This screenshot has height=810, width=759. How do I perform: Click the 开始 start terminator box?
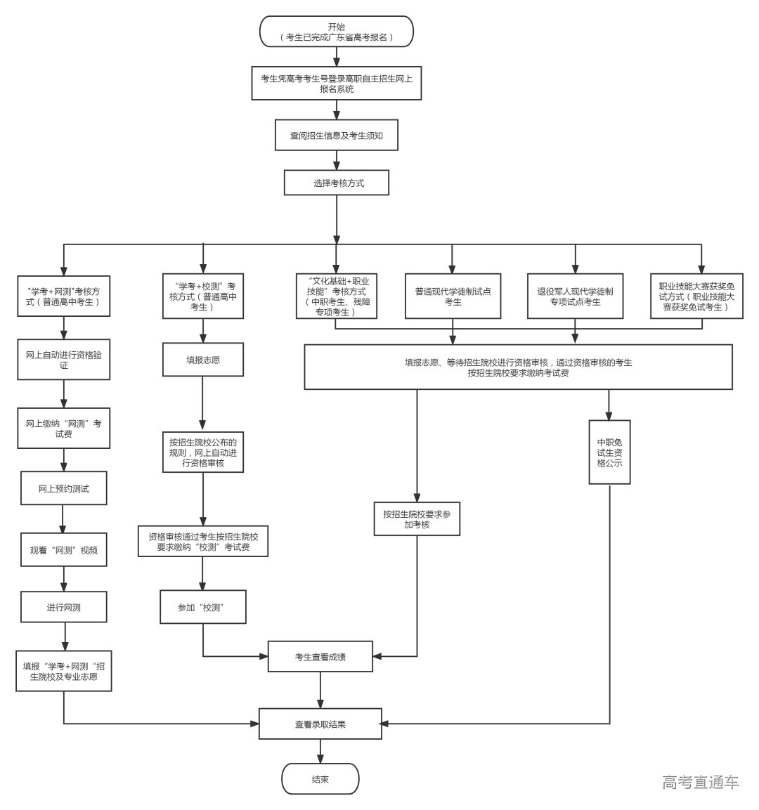tap(337, 32)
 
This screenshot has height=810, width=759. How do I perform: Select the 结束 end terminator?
tap(320, 779)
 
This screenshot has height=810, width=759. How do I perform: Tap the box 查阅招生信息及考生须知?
tap(337, 135)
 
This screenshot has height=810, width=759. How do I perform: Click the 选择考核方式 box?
tap(336, 183)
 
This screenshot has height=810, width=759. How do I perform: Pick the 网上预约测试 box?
tap(63, 488)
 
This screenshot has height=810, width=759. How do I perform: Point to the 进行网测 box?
tap(63, 606)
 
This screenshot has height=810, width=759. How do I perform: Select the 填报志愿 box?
tap(203, 360)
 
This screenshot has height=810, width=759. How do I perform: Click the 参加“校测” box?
tap(203, 607)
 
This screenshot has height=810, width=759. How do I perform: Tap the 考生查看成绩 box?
tap(320, 658)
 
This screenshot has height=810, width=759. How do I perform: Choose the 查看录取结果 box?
tap(320, 724)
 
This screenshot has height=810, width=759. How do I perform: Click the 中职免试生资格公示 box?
tap(609, 452)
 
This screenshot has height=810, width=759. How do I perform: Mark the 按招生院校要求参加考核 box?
tap(417, 519)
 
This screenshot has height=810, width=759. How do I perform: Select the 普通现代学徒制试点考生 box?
tap(453, 296)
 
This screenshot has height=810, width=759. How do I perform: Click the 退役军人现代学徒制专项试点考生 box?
tap(575, 296)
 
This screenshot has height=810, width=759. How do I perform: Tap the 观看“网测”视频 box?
tap(63, 550)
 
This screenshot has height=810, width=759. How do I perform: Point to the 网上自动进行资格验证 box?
tap(63, 360)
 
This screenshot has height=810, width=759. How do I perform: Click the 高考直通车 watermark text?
tap(700, 782)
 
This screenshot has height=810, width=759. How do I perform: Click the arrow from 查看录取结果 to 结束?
tap(320, 751)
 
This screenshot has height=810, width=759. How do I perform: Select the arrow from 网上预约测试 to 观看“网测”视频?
tap(63, 519)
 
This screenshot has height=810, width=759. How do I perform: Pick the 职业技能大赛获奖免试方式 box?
tap(696, 296)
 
